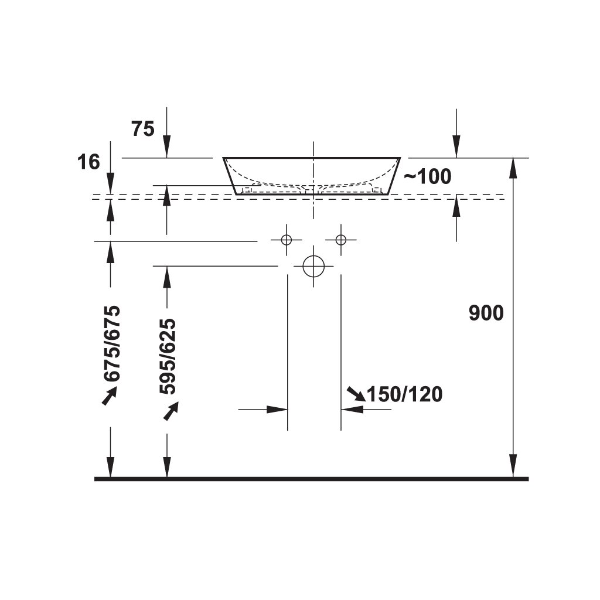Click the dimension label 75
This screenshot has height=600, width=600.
pyautogui.click(x=143, y=129)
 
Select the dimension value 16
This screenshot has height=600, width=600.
pyautogui.click(x=89, y=162)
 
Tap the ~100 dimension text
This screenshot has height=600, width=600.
pyautogui.click(x=428, y=176)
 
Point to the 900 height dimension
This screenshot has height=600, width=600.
pyautogui.click(x=486, y=313)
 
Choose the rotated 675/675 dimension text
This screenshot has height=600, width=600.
pyautogui.click(x=111, y=343)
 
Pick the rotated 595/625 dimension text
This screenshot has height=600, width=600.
pyautogui.click(x=168, y=356)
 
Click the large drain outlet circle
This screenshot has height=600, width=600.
pyautogui.click(x=314, y=266)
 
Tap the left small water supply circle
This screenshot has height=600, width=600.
pyautogui.click(x=286, y=240)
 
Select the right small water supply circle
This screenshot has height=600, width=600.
pyautogui.click(x=341, y=240)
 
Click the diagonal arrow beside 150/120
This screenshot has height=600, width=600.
pyautogui.click(x=355, y=394)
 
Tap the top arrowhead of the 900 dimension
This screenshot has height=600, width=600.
pyautogui.click(x=513, y=168)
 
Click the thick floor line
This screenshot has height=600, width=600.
pyautogui.click(x=311, y=479)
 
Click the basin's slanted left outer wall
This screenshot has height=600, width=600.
pyautogui.click(x=230, y=176)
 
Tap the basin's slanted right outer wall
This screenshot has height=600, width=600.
pyautogui.click(x=394, y=176)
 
